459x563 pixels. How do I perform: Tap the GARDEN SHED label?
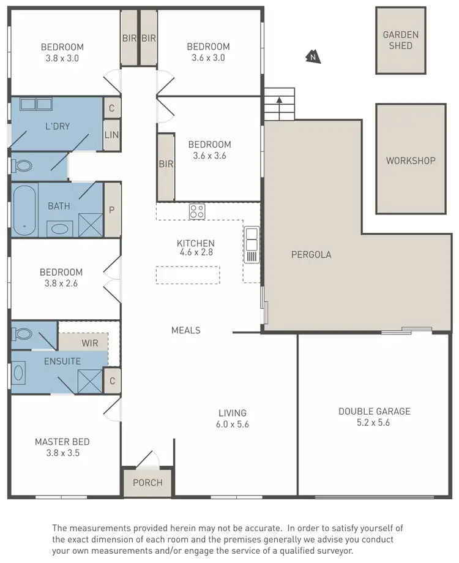pos(401,40)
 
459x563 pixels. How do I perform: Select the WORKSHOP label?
pos(410,161)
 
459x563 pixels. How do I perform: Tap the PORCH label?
pos(147,482)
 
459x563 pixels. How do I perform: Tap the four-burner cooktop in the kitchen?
pos(196,211)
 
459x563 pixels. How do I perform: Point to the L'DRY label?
pos(58,126)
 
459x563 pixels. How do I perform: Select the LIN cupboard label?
pos(111,135)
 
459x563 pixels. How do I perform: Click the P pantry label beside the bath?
pos(111,209)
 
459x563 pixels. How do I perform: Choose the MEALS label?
pos(185,330)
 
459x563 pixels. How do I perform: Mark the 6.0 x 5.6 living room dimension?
pos(233,424)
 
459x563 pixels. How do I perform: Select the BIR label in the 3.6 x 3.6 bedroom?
pos(166,164)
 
